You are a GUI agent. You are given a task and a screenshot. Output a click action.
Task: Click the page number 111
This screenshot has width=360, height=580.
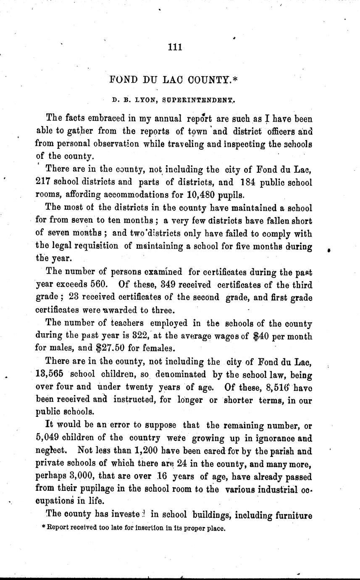click(x=174, y=47)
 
